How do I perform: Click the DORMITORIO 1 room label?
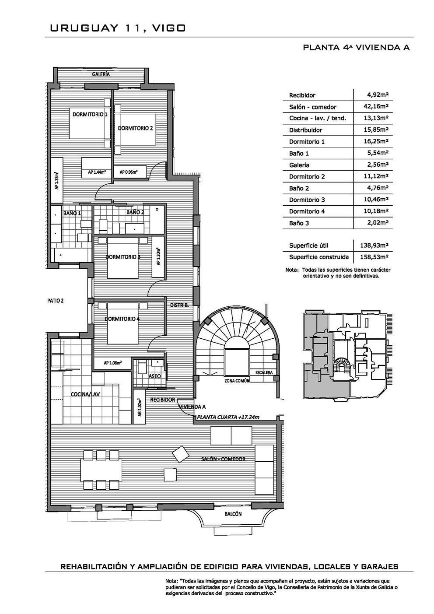(90, 114)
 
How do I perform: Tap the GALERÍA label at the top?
(101, 74)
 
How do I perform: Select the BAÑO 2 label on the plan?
(135, 212)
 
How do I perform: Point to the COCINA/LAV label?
(85, 394)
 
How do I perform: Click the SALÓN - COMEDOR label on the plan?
(223, 459)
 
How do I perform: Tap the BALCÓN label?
(233, 514)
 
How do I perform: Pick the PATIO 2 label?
(56, 301)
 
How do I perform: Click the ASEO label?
(154, 376)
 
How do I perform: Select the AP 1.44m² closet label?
(97, 172)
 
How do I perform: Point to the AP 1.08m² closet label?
(112, 363)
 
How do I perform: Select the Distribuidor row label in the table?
(305, 130)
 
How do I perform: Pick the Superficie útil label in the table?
(308, 246)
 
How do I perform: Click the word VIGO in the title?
(169, 28)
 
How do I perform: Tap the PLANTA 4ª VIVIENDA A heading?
(356, 47)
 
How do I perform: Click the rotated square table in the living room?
(181, 454)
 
